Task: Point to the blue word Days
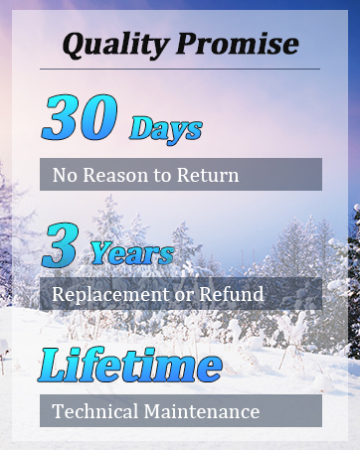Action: pyautogui.click(x=166, y=129)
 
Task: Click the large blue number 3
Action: pyautogui.click(x=61, y=244)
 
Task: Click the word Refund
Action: pyautogui.click(x=231, y=294)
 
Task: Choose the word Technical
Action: pyautogui.click(x=94, y=411)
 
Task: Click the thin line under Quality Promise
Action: pyautogui.click(x=180, y=69)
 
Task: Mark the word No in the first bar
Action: pyautogui.click(x=64, y=176)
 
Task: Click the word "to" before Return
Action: pyautogui.click(x=161, y=177)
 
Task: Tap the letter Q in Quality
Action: pyautogui.click(x=75, y=44)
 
